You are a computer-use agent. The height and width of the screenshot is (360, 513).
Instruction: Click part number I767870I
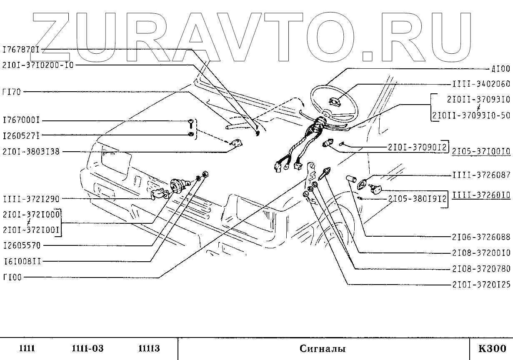[x=21, y=50]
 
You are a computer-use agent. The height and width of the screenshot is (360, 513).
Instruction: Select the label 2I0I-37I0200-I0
[x=38, y=65]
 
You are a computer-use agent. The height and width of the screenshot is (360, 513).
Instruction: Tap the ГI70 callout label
[x=12, y=92]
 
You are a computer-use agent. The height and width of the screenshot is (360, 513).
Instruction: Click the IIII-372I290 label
[x=31, y=199]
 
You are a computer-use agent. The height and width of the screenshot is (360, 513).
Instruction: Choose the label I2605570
[x=21, y=246]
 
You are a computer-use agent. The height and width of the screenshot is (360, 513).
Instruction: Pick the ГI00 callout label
[x=12, y=277]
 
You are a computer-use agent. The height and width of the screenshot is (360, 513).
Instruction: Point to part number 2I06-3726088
[x=481, y=237]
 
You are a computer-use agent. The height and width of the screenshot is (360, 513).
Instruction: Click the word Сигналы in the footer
[x=322, y=349]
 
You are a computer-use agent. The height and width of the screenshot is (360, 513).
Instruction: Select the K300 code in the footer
[x=492, y=349]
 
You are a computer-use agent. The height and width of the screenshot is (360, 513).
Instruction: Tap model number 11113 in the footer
[x=149, y=349]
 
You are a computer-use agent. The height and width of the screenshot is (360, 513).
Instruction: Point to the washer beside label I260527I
[x=190, y=135]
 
